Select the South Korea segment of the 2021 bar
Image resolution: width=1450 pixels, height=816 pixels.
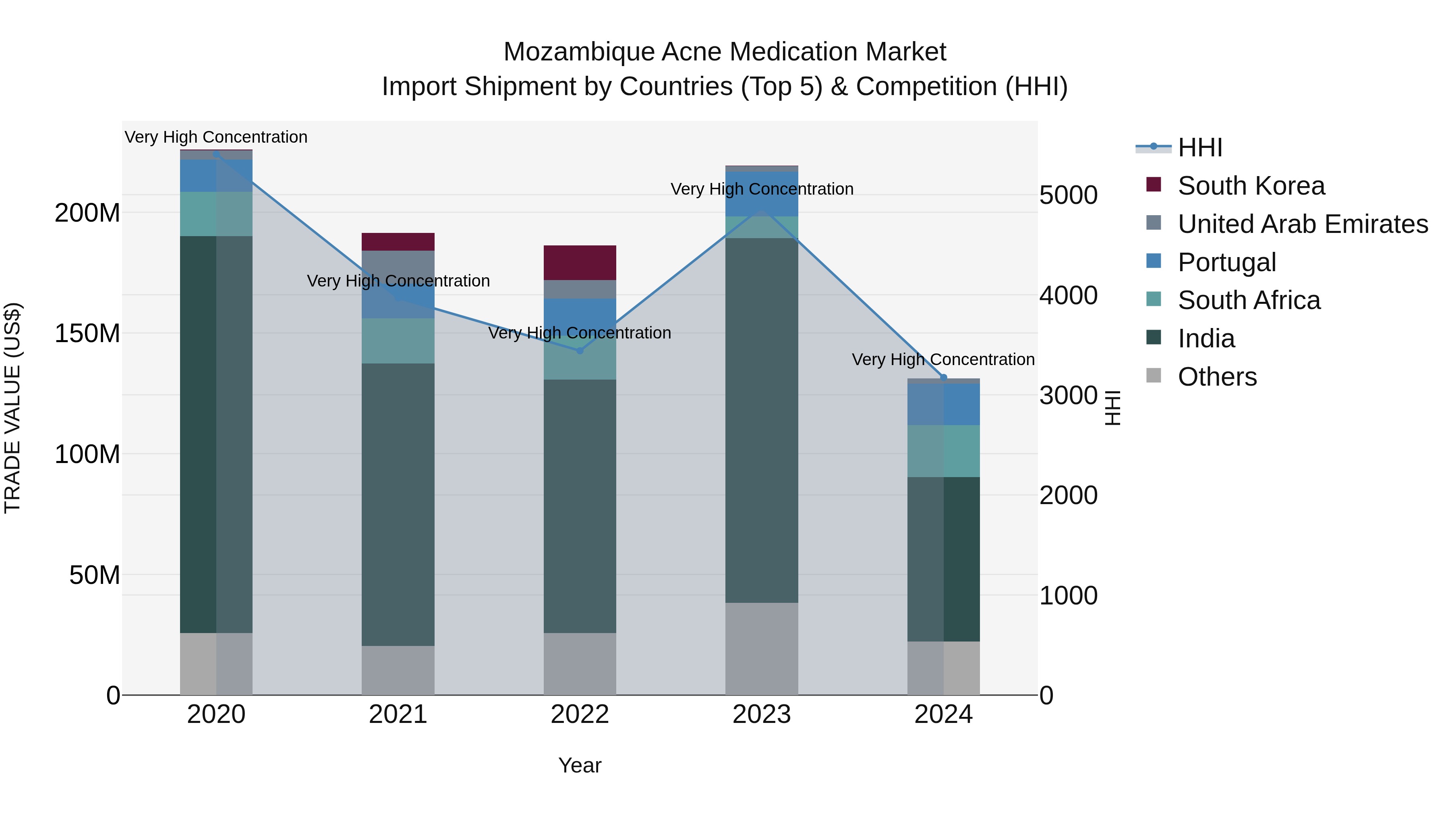coord(398,242)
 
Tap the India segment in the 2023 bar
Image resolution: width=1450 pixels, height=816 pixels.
coord(762,420)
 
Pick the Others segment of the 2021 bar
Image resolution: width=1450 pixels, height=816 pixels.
coord(398,670)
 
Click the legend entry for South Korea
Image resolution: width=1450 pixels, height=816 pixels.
coord(1251,186)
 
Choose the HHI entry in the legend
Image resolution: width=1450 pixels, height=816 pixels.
coord(1199,147)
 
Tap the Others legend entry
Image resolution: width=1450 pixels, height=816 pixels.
coord(1217,377)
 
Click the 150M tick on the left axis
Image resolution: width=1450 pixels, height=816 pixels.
coord(87,333)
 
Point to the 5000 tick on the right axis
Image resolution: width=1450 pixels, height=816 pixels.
coord(1068,195)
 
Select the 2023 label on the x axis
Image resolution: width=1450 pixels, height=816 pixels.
coord(762,714)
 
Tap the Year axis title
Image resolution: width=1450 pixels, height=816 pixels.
coord(580,765)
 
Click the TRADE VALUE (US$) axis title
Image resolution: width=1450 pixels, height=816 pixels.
coord(12,408)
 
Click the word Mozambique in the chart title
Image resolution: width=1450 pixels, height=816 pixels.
coord(579,52)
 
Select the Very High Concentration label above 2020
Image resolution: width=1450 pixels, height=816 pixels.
coord(216,137)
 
